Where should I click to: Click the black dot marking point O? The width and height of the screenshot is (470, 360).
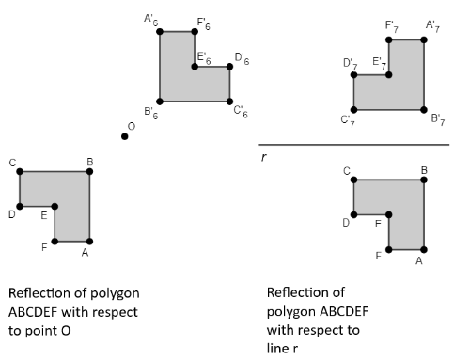click(x=125, y=136)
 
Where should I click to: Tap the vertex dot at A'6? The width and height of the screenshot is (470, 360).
click(x=160, y=32)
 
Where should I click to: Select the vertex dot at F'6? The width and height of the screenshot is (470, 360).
click(x=195, y=32)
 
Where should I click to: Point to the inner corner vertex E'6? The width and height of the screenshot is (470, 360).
click(x=195, y=67)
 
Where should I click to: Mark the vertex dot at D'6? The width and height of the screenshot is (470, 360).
click(x=229, y=67)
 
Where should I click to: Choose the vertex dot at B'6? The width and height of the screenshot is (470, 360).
click(x=160, y=102)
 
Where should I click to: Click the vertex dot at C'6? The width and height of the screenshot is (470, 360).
click(x=229, y=102)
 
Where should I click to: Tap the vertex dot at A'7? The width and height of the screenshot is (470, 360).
click(x=424, y=39)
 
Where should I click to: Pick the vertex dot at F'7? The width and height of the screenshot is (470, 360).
click(x=389, y=39)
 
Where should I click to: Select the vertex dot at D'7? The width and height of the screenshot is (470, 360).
click(x=354, y=75)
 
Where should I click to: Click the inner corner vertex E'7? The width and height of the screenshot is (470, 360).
click(x=389, y=75)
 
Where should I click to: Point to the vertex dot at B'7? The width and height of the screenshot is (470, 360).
click(x=424, y=110)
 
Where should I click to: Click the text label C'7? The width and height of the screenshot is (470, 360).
click(x=348, y=121)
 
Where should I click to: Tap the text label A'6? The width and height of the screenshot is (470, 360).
click(x=151, y=20)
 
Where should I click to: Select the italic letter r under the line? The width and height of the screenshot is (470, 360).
click(x=264, y=157)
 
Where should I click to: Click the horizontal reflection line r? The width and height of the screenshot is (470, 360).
click(x=354, y=145)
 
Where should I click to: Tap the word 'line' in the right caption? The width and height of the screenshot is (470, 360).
click(x=279, y=348)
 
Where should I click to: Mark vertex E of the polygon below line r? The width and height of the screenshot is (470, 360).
click(x=389, y=215)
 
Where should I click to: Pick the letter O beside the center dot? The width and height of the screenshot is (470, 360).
click(x=132, y=127)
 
